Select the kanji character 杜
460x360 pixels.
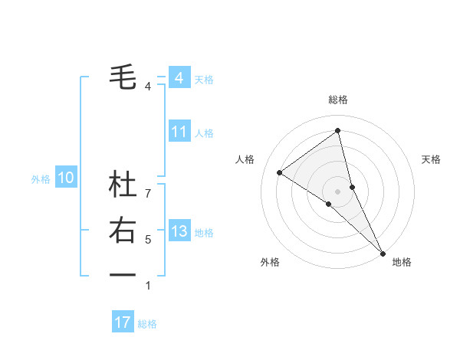click(123, 185)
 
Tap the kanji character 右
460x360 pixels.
click(123, 230)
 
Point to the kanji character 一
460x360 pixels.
click(123, 273)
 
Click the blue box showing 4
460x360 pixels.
click(179, 78)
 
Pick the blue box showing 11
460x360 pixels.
click(179, 132)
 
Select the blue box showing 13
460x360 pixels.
click(179, 231)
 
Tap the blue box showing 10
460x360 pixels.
click(66, 178)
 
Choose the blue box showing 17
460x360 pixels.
click(123, 322)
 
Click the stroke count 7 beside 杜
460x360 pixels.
click(148, 194)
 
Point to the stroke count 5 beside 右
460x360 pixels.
click(148, 240)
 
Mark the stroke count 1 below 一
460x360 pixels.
click(148, 286)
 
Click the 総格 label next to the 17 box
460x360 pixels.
click(147, 324)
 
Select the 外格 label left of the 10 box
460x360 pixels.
click(41, 179)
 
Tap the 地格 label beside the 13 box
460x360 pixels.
click(204, 233)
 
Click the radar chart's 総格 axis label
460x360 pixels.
click(337, 100)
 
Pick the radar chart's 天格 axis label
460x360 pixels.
click(431, 159)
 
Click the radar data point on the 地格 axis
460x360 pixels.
click(383, 252)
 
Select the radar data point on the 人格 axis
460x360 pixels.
click(280, 172)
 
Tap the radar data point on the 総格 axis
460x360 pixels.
click(337, 131)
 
